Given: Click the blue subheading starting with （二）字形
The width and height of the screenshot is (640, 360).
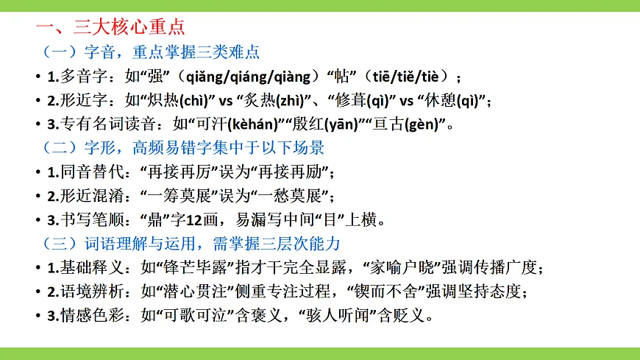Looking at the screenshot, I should [x=180, y=147].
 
